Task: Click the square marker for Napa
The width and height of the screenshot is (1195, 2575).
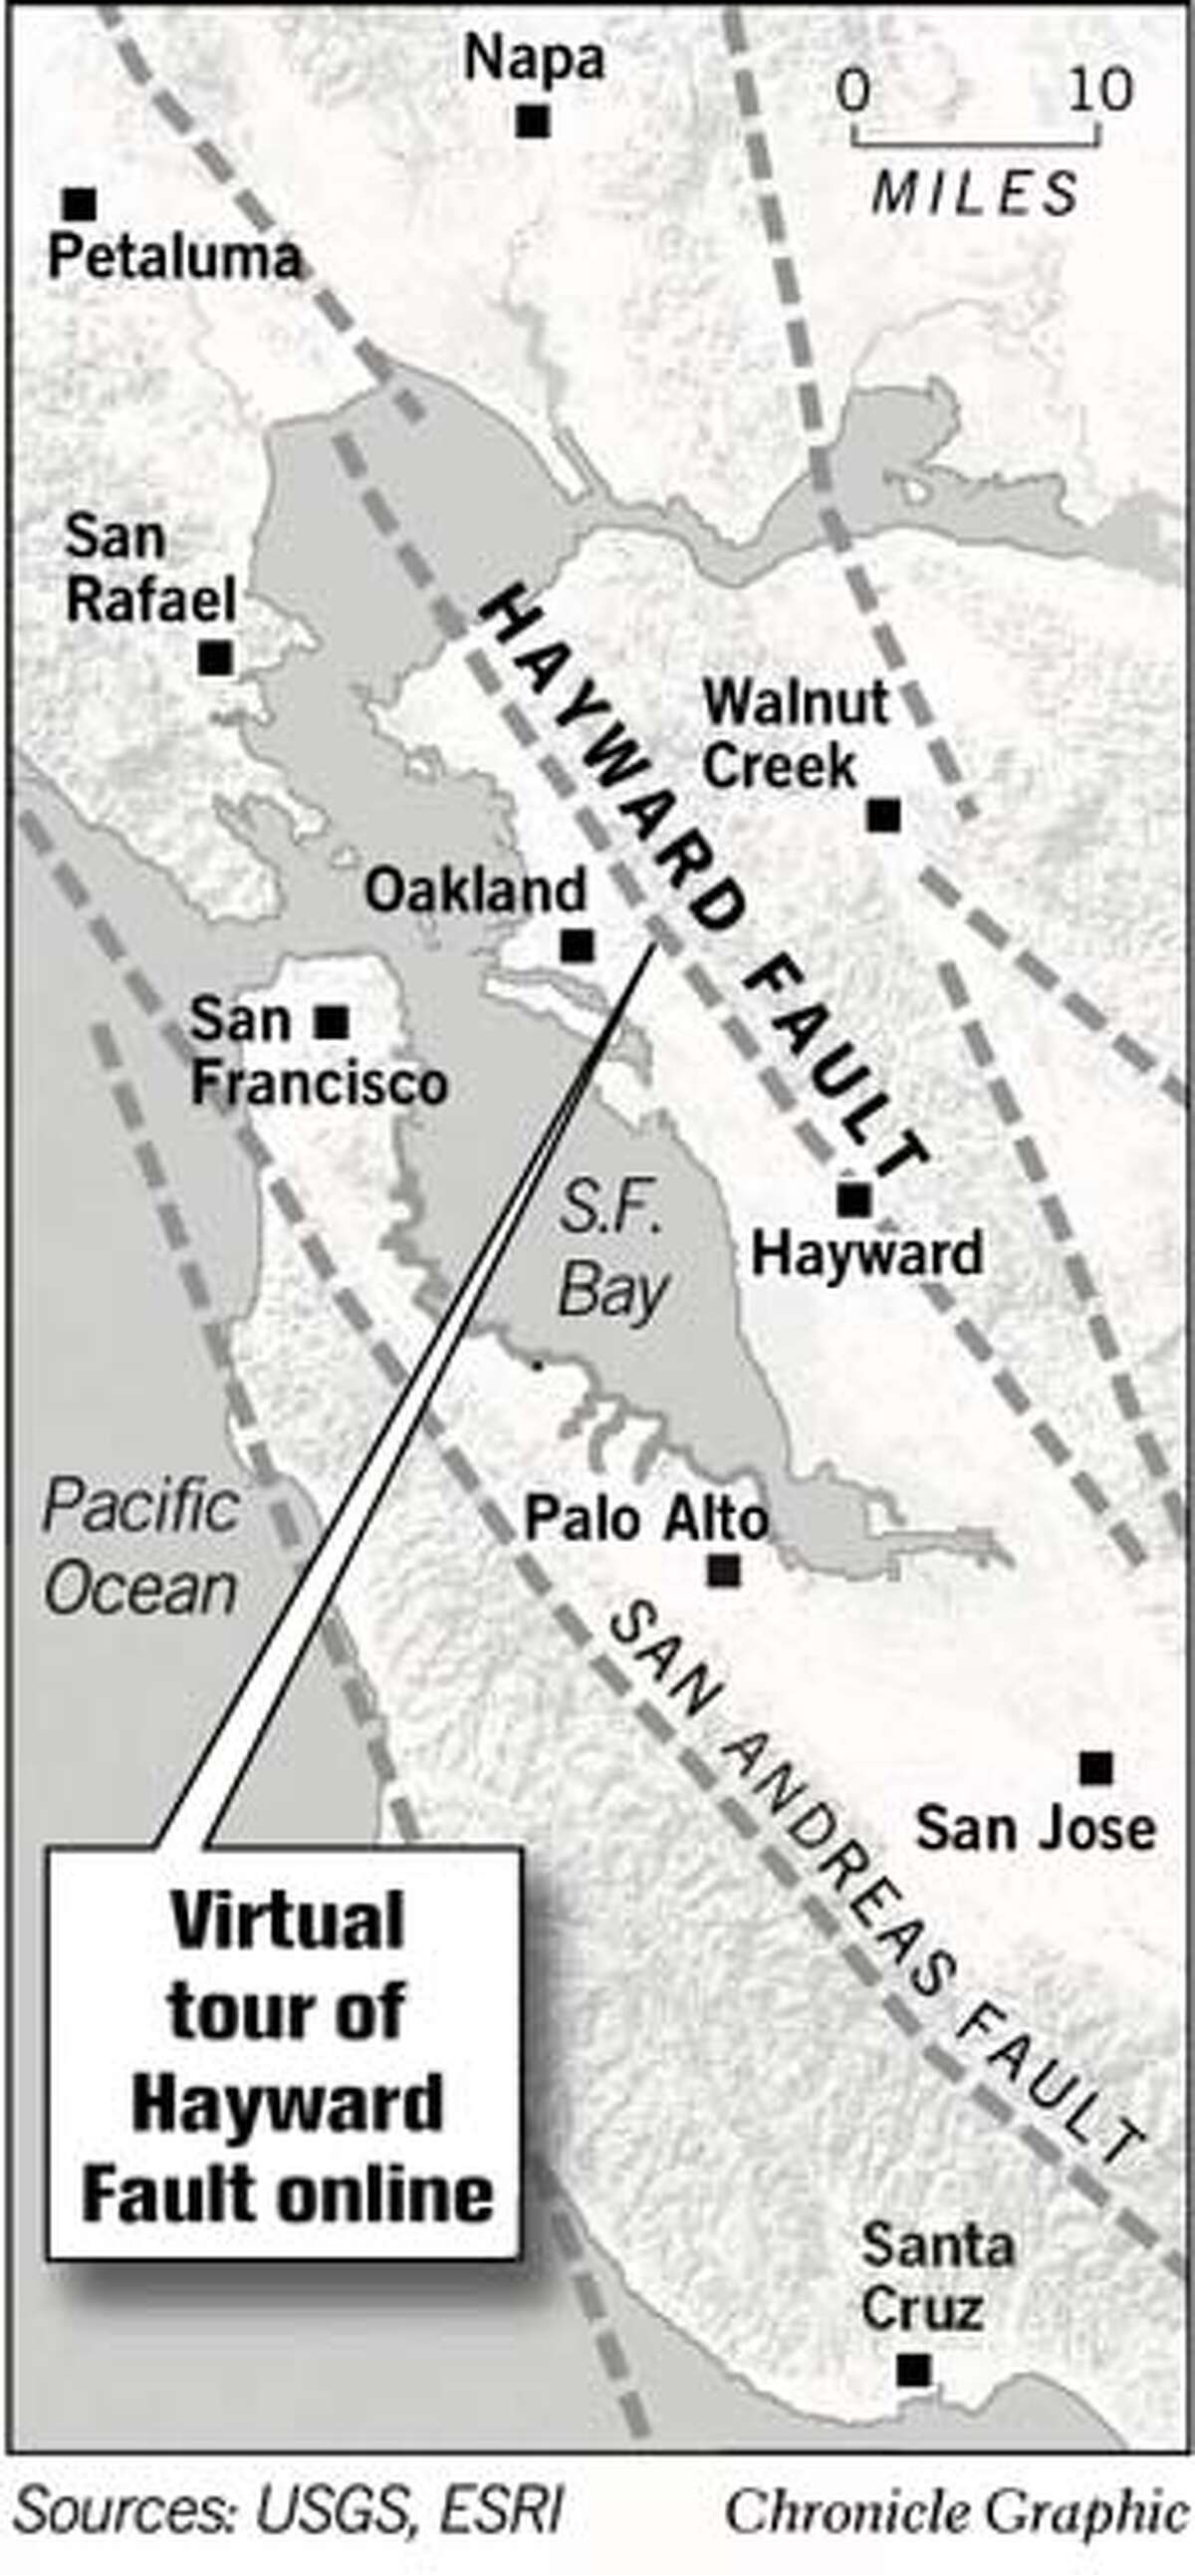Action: tap(533, 122)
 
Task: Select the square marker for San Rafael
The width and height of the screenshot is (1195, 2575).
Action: tap(216, 657)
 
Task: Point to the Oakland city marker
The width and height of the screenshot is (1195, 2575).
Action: tap(577, 944)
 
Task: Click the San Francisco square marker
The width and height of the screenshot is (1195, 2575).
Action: tap(332, 1022)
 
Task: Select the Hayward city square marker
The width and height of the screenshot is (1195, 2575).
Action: tap(853, 1198)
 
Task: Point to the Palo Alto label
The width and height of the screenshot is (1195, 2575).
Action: tap(645, 1519)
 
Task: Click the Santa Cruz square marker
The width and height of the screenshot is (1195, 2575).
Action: tap(913, 2368)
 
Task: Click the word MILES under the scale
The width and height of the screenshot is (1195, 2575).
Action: tap(975, 193)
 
